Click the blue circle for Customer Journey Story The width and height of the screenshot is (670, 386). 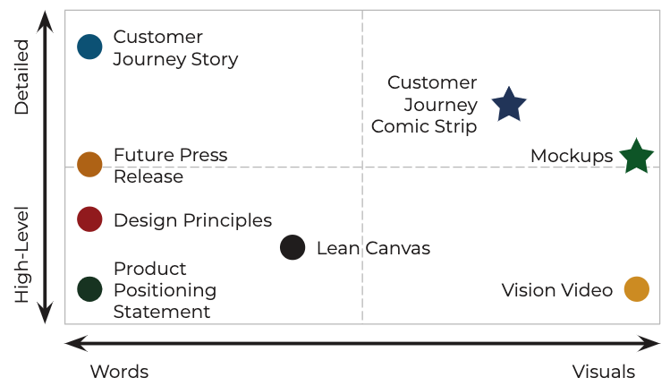coord(89,47)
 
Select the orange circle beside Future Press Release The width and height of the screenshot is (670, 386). coord(89,165)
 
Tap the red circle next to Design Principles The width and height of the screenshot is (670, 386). coord(89,219)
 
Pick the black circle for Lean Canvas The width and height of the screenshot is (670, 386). coord(293,247)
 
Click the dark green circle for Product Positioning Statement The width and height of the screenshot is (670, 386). coord(89,288)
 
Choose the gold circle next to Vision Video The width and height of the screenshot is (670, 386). coord(636,289)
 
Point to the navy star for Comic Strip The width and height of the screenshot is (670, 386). coord(509,105)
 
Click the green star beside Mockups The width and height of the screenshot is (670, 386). coord(636,156)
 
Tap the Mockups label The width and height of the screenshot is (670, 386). coord(571,156)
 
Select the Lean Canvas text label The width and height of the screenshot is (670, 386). coord(373,248)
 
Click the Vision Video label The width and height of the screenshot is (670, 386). coord(556,290)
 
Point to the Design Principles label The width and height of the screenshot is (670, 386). coord(192,220)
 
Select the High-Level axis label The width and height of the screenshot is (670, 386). coord(21,254)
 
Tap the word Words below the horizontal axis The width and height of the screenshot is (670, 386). coord(119,372)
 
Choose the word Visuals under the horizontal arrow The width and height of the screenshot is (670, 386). coord(604,372)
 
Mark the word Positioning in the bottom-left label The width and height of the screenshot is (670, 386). coord(165,290)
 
